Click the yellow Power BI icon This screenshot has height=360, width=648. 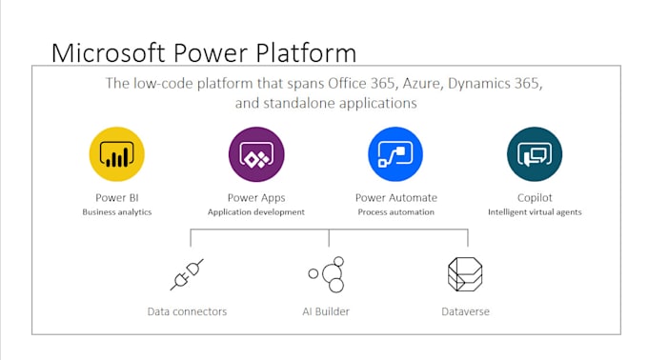pos(117,154)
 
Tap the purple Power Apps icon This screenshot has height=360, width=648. pos(256,154)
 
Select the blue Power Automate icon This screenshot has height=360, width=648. pos(395,154)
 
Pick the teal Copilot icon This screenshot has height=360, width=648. pos(535,154)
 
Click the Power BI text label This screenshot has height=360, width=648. pos(117,198)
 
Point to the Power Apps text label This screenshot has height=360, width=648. pos(256,198)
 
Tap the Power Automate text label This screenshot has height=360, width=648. pos(395,198)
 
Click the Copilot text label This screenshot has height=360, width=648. pos(535,198)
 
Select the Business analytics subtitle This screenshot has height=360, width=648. pos(117,212)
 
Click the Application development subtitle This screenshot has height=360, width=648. pos(256,212)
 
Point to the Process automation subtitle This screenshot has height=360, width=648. pos(395,212)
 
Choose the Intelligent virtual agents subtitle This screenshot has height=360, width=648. pos(535,212)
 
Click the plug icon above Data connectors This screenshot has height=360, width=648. pos(187,274)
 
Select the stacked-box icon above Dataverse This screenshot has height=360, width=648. pos(467,274)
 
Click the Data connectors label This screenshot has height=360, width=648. pos(188,311)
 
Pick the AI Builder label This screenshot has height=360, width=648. pos(327,311)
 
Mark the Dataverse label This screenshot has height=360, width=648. pos(467,311)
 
